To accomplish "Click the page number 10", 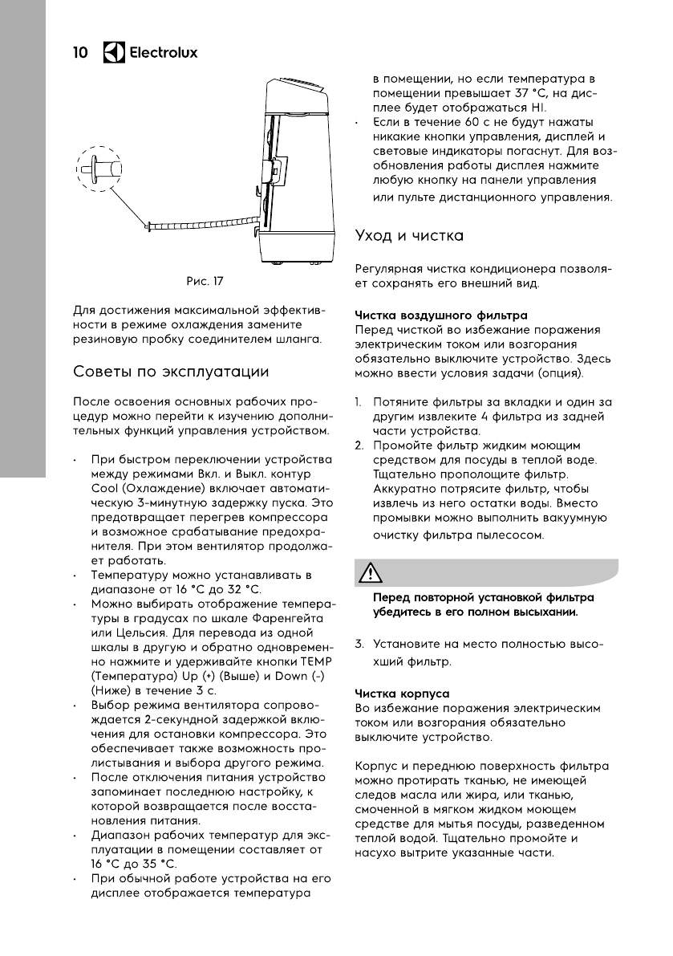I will click(80, 53).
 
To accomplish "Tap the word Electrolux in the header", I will click(164, 53).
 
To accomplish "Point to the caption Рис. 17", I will click(205, 281).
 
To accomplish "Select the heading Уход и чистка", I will click(409, 236).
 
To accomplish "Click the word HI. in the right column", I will click(538, 108).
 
